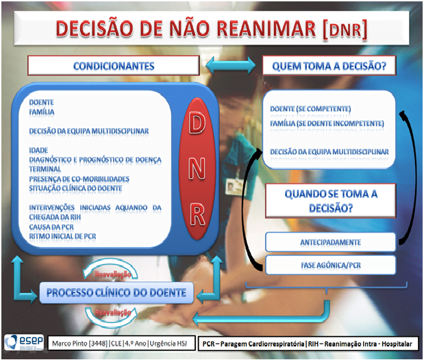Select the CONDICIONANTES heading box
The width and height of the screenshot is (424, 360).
[114, 66]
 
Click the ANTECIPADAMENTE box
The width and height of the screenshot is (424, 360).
[330, 242]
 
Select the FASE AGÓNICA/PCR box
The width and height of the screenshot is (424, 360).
[330, 263]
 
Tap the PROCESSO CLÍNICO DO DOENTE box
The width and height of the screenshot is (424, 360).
[116, 294]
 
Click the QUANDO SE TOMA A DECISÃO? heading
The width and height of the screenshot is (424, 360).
[331, 201]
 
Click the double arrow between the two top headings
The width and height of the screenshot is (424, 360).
[230, 66]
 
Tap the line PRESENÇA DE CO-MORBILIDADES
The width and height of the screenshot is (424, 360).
[79, 179]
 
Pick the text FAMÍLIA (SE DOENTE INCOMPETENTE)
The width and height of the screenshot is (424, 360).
[327, 123]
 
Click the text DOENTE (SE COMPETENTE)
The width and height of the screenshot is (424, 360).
[310, 109]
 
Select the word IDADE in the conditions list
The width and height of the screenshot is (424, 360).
[39, 149]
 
